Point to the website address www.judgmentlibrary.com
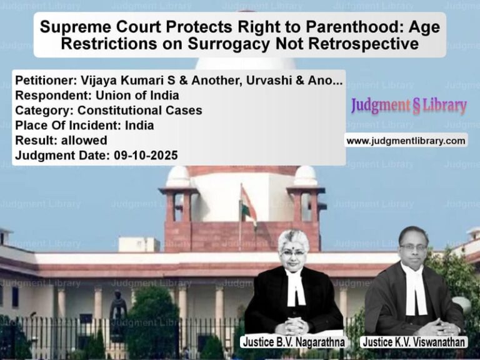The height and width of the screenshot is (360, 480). click(x=406, y=141)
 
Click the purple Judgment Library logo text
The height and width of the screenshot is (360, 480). click(x=409, y=106)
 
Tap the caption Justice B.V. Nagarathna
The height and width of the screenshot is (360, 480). click(x=293, y=342)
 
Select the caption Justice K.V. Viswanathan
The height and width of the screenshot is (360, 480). click(x=414, y=342)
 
